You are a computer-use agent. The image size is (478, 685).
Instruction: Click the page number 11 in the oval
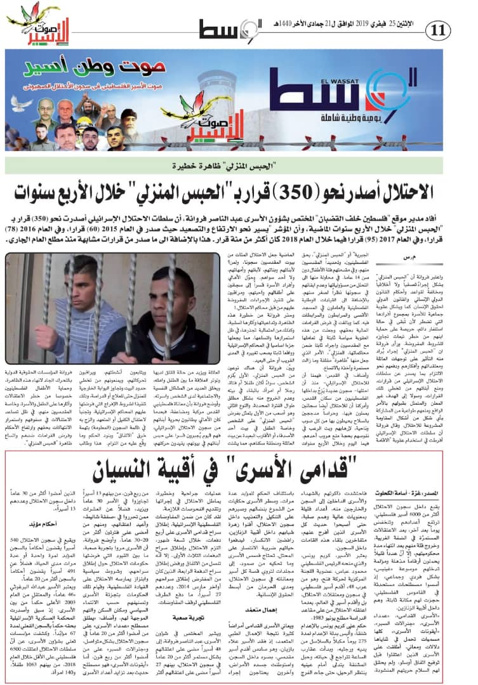pyautogui.click(x=439, y=29)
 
